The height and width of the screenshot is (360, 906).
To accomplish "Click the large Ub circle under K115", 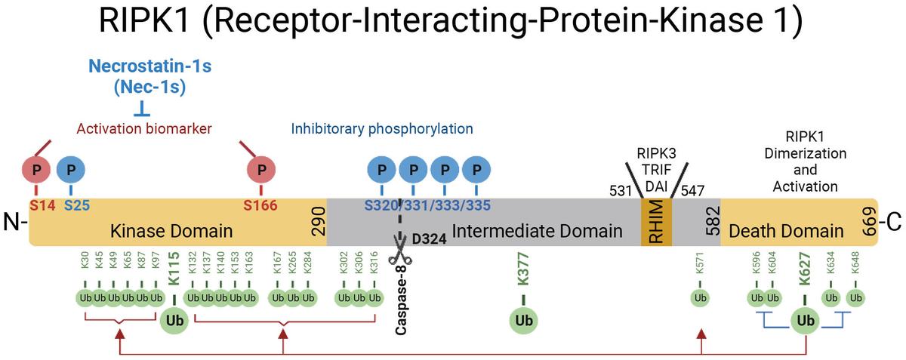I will pos(173,320).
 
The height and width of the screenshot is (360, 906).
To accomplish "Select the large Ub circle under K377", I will pos(523,320).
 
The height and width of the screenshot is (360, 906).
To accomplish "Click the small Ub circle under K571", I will pos(700,297).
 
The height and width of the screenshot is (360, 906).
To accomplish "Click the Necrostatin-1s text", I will pos(149,66).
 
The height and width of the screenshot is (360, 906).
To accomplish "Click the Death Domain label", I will pos(791,229).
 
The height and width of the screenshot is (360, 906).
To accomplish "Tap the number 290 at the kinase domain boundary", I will pos(318,222).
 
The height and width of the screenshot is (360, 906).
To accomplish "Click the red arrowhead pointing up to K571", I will pos(701,332).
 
